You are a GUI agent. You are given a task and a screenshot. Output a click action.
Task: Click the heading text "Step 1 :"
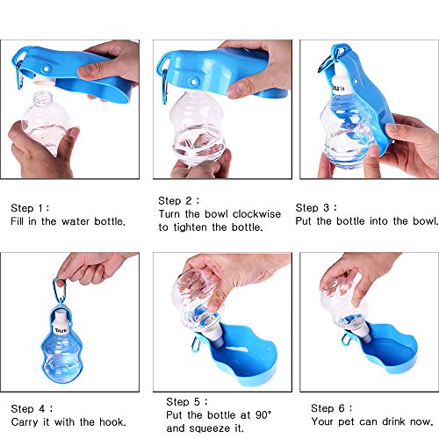pos(30,208)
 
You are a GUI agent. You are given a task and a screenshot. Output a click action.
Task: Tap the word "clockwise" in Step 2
pos(256,214)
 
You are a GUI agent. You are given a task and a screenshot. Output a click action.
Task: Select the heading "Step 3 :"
pos(316,208)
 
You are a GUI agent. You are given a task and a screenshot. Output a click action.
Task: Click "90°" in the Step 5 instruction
pos(263,415)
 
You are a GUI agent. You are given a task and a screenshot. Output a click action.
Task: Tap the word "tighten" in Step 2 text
pos(191,227)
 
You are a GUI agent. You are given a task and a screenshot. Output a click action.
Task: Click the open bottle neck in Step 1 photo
pos(43,98)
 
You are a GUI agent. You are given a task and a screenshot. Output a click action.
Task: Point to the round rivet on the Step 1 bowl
pos(46,69)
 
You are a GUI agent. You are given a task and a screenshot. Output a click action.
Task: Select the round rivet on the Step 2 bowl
pos(193,82)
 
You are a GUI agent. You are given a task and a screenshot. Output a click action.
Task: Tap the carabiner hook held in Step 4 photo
pos(60,291)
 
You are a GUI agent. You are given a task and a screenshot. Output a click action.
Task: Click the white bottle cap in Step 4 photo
pos(61,322)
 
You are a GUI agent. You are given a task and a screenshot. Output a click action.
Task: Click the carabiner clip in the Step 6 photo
pos(347,339)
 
